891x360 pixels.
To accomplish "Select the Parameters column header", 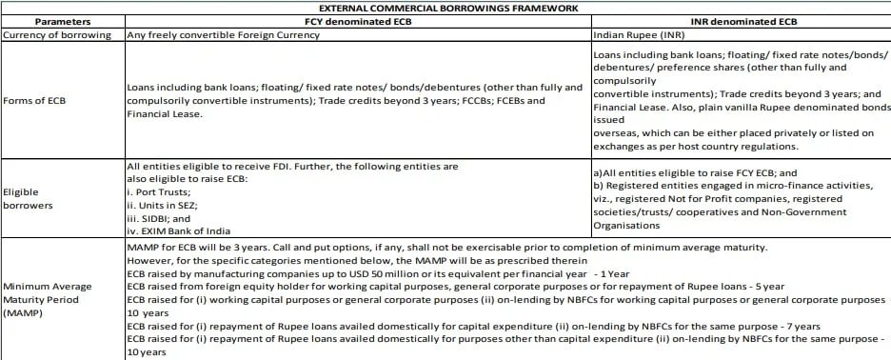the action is click(63, 20).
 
